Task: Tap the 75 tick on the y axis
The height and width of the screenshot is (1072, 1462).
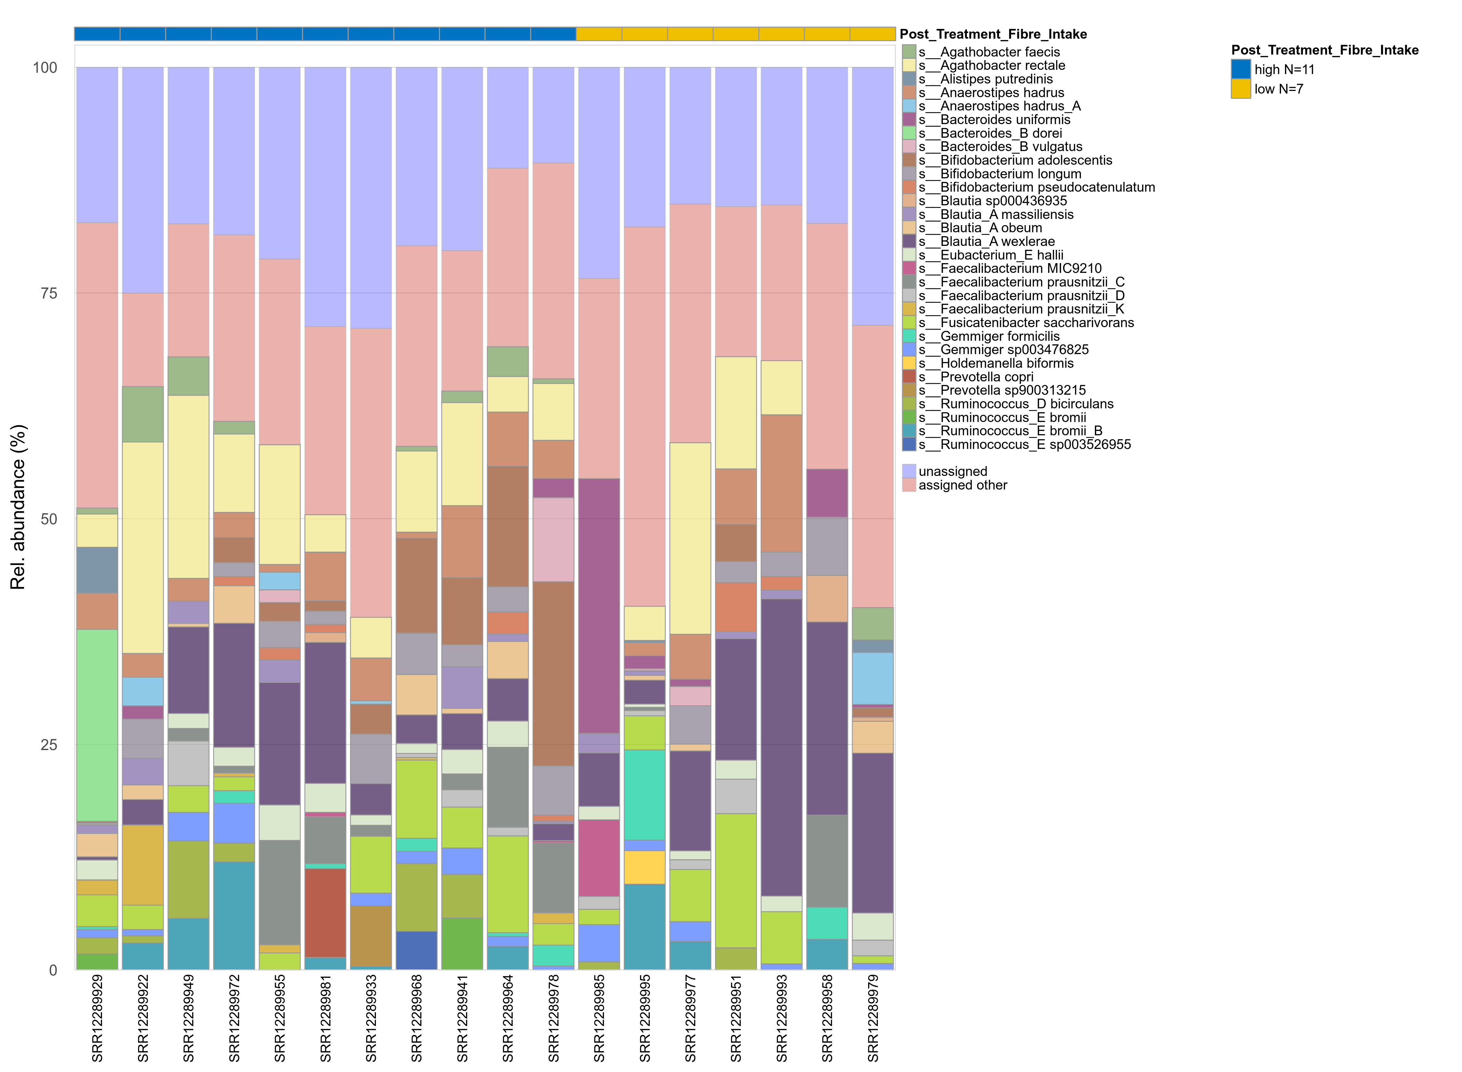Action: point(49,293)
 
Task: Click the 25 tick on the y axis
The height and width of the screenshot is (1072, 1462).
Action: point(49,744)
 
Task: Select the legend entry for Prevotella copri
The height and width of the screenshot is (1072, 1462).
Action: point(986,377)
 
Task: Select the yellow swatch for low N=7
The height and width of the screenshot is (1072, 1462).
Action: point(1240,89)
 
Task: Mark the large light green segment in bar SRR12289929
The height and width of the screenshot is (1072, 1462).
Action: point(97,725)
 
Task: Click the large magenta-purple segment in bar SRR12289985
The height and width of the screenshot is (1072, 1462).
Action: point(599,606)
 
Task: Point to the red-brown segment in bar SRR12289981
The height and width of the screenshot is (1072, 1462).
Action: point(325,912)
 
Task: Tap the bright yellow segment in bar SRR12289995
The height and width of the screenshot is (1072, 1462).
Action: point(644,867)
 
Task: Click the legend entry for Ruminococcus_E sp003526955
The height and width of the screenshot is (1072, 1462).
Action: point(1035,444)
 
